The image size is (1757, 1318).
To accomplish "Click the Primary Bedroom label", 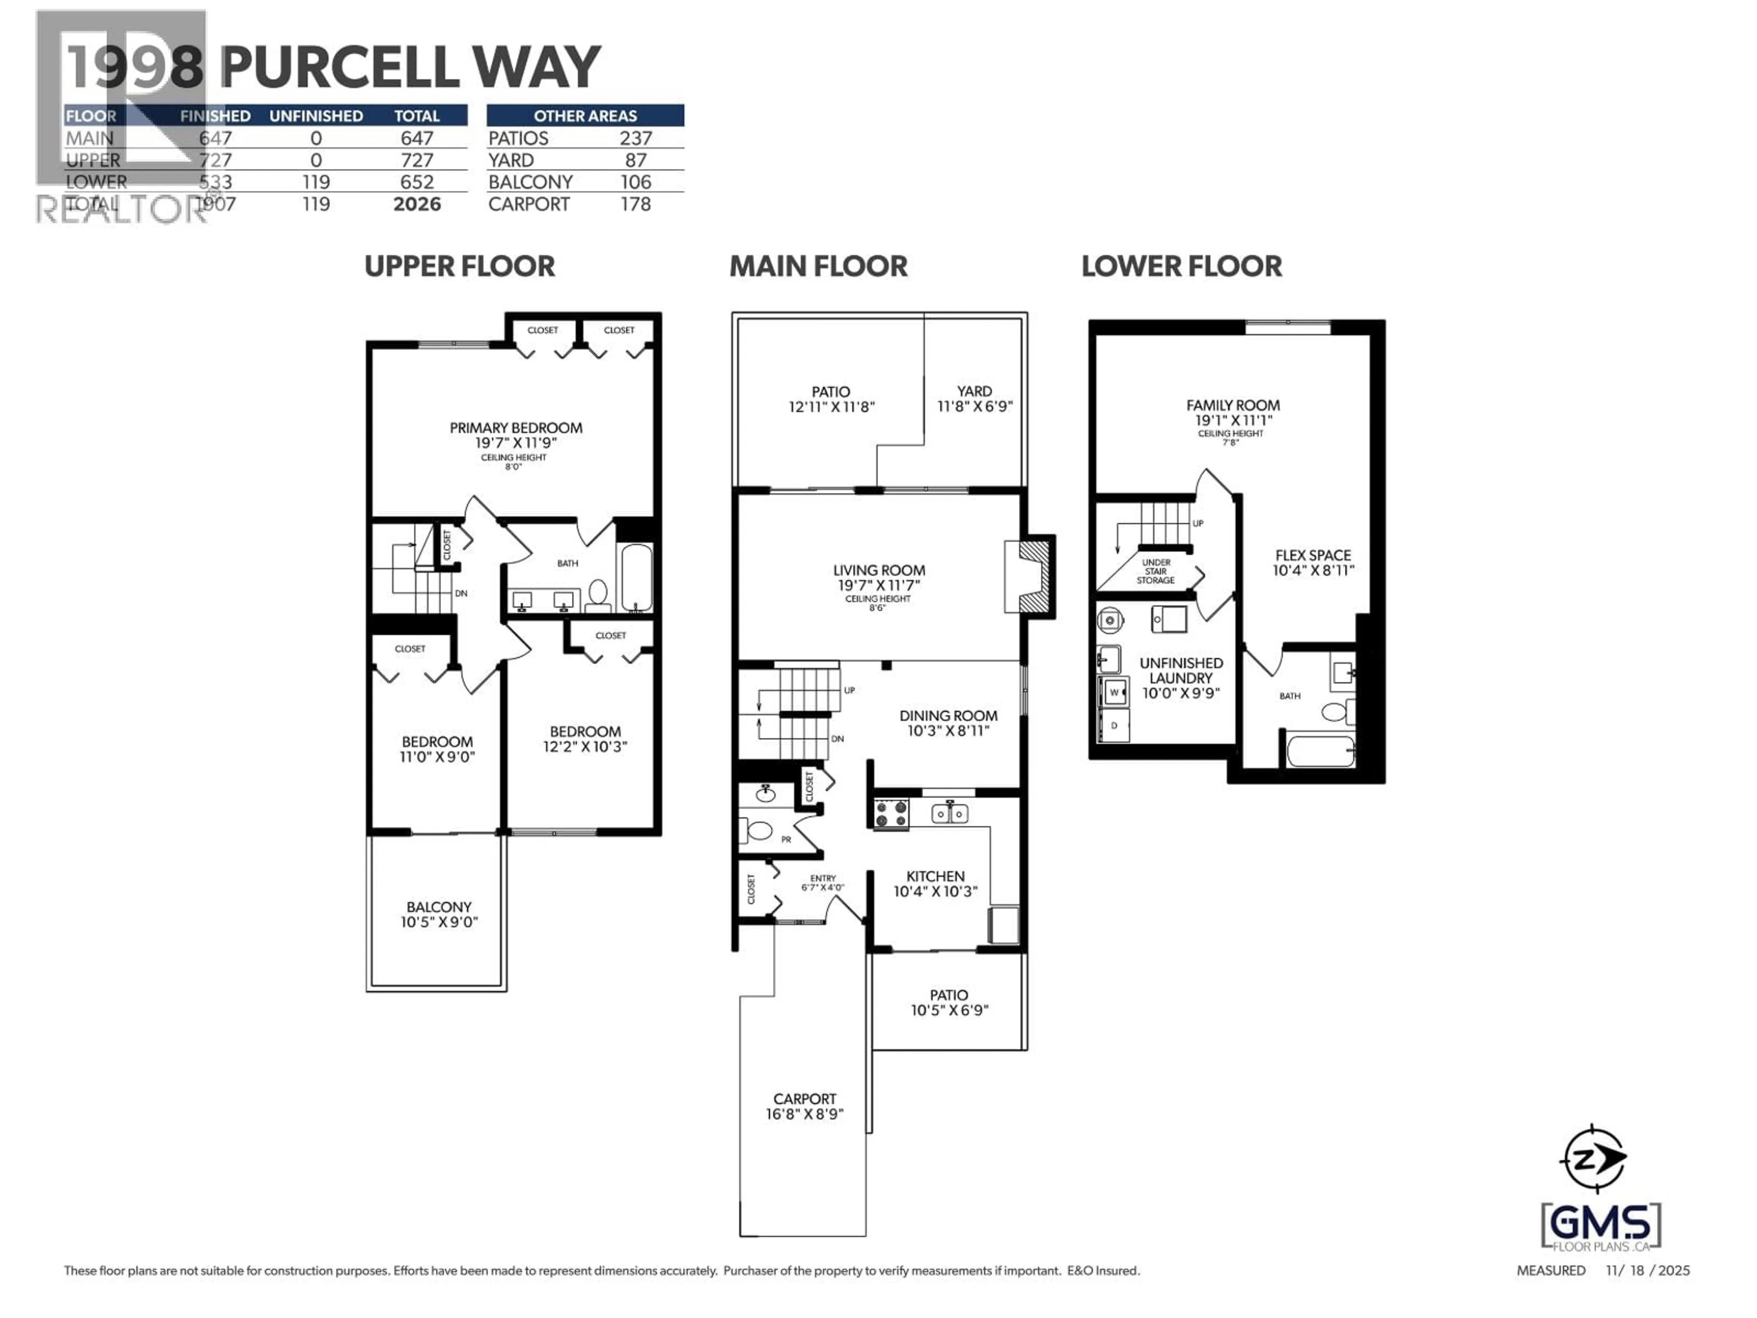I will tap(516, 428).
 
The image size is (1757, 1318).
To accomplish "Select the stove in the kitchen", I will tap(890, 814).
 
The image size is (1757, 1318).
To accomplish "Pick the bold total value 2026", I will tap(417, 204).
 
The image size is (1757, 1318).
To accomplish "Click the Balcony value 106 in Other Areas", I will tap(636, 182).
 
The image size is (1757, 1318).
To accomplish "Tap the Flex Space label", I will tap(1312, 555).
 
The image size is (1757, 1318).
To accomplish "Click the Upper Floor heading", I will tap(459, 266).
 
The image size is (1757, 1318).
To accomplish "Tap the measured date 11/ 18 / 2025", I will tap(1647, 1270).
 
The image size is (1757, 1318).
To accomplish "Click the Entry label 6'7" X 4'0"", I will tap(822, 883).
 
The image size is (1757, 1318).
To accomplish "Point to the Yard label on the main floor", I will tap(974, 391).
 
